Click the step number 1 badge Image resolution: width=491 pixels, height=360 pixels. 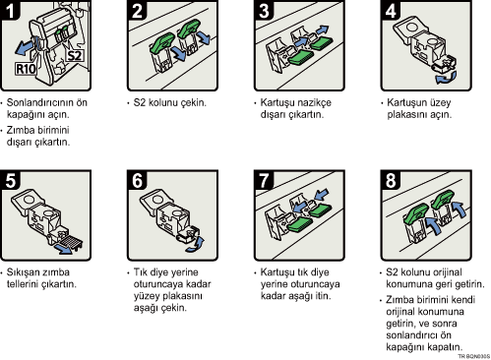(10, 10)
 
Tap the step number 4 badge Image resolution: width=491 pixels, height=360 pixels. (391, 10)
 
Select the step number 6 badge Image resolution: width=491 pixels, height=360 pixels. (137, 180)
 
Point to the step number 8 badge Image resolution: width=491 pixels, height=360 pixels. (391, 180)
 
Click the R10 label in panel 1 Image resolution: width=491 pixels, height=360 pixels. (26, 69)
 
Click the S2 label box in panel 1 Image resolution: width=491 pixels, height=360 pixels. (75, 55)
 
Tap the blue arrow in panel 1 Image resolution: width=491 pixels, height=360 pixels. (25, 48)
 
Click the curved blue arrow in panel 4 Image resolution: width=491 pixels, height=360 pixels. (446, 78)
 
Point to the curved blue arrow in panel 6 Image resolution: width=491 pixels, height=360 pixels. (196, 245)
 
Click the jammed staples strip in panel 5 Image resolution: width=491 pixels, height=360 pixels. (70, 242)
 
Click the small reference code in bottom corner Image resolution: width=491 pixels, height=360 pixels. (473, 356)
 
